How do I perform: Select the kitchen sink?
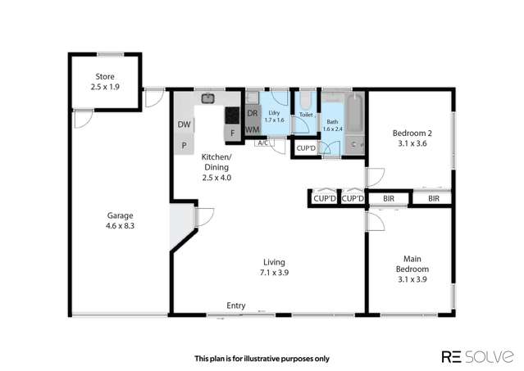tap(208, 99)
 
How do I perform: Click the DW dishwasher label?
tap(183, 124)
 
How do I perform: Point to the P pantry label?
tap(183, 144)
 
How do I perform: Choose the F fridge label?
tap(232, 132)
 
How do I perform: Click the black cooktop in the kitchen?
tap(232, 115)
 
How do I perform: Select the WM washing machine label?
tap(253, 129)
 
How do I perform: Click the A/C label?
tap(262, 143)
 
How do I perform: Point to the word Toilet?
tap(306, 115)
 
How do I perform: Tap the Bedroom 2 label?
tap(411, 133)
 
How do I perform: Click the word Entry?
tap(236, 305)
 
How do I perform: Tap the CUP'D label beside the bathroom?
tap(306, 148)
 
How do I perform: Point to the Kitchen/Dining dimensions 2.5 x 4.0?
tap(217, 176)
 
